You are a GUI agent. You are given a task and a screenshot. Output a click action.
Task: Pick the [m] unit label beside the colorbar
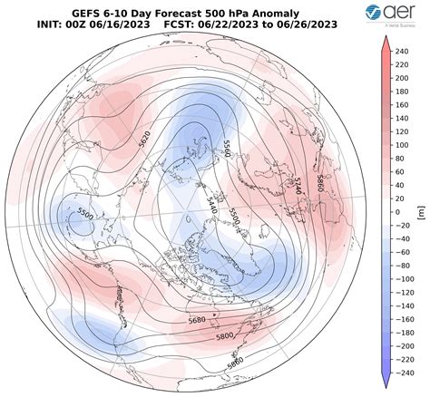[x=422, y=210]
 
